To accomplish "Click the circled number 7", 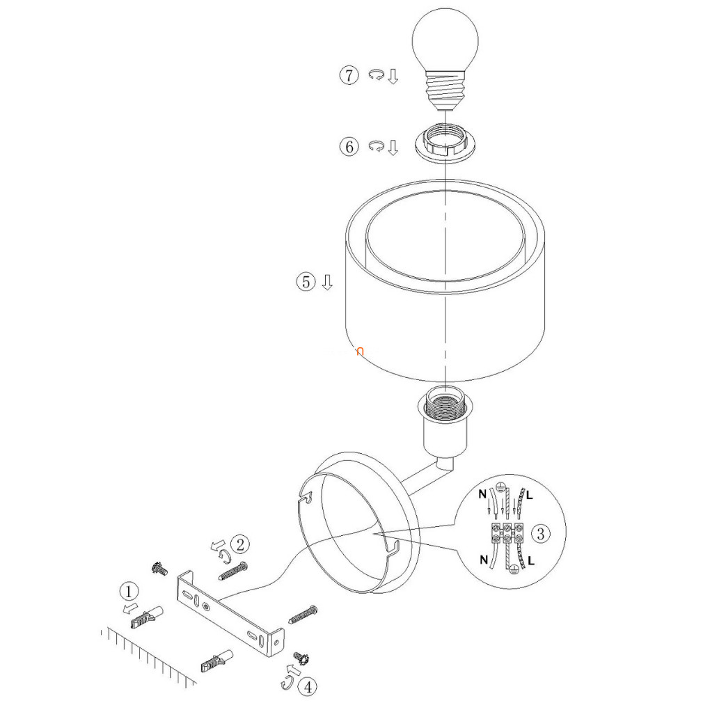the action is [349, 75].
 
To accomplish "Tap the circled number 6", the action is [349, 147].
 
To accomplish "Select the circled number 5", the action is [306, 282].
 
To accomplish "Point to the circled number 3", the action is [540, 534].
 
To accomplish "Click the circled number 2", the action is [240, 545].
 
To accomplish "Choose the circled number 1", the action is [129, 592].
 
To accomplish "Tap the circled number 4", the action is [308, 687].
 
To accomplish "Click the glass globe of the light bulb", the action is [445, 40].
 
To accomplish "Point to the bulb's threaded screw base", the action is [445, 89].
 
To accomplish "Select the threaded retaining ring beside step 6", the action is [445, 143].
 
